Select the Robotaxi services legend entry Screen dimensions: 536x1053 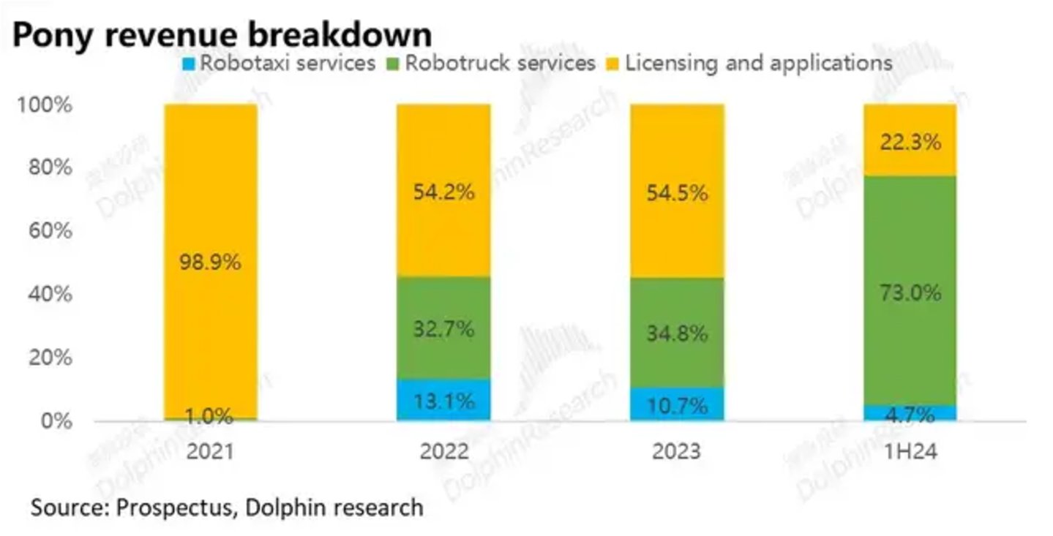278,64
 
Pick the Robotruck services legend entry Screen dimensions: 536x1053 490,64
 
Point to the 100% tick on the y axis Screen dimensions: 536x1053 44,105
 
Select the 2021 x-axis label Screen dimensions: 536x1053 209,451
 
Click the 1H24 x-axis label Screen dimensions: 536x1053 910,451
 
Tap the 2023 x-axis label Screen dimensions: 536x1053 677,451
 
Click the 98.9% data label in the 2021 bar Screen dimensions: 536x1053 210,263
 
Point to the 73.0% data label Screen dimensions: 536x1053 910,294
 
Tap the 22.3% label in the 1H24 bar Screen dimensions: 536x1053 910,143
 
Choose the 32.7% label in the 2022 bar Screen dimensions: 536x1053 444,329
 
